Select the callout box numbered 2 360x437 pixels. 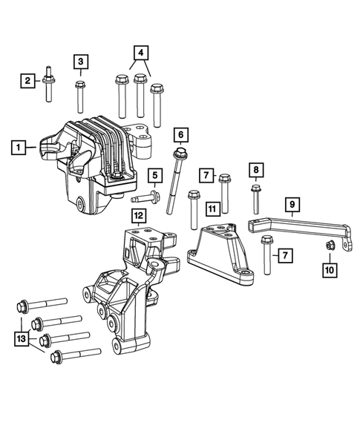click(26, 79)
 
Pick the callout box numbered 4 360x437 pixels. click(141, 53)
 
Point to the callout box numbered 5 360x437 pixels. click(154, 175)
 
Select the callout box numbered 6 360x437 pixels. click(180, 135)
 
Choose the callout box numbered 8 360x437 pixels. click(255, 171)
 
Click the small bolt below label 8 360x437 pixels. click(255, 197)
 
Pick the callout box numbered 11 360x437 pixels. click(212, 211)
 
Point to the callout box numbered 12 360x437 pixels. click(138, 216)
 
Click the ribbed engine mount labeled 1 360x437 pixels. click(104, 160)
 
